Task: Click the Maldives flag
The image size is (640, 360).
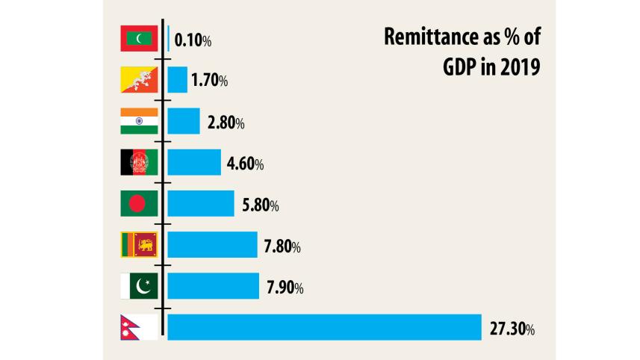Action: click(139, 39)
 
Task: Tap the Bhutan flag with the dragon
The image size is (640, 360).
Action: click(139, 80)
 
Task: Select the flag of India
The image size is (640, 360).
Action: click(139, 121)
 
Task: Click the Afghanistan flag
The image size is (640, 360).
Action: click(139, 162)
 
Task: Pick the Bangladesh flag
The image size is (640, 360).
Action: click(139, 203)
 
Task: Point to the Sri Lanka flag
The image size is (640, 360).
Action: click(139, 244)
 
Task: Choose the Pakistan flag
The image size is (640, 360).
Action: click(139, 286)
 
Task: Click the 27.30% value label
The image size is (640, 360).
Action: click(512, 328)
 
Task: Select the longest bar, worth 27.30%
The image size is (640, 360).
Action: click(324, 327)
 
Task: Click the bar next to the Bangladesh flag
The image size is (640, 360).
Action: click(200, 203)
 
